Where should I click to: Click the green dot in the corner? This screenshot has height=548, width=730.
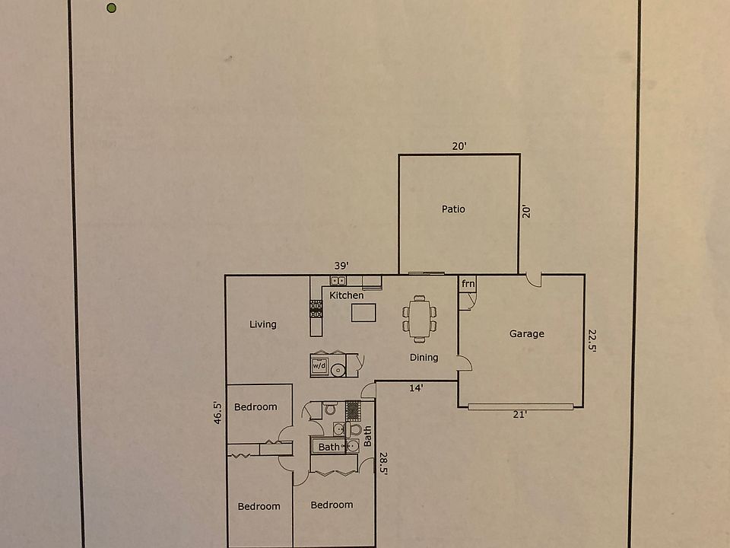click(112, 8)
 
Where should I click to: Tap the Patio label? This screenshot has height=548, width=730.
click(453, 209)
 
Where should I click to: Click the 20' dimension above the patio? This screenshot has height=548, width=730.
click(459, 146)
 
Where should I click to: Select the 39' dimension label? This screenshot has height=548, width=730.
click(341, 266)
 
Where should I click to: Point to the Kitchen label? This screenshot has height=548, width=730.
click(346, 295)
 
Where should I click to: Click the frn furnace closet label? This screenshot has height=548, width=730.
click(468, 285)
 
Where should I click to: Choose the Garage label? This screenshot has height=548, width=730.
click(527, 333)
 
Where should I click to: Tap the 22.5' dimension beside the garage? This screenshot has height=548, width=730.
click(591, 341)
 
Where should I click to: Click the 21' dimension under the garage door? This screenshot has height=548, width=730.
click(520, 415)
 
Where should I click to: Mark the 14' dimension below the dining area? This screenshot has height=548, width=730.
click(416, 387)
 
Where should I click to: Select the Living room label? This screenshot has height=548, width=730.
click(263, 324)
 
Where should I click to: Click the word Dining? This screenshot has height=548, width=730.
click(424, 357)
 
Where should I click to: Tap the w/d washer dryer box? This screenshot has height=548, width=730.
click(319, 366)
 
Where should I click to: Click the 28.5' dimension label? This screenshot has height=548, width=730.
click(383, 464)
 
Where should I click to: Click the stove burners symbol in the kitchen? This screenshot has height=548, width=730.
click(316, 309)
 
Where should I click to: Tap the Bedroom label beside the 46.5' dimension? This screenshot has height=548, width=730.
click(255, 407)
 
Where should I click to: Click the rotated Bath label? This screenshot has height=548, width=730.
click(368, 436)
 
